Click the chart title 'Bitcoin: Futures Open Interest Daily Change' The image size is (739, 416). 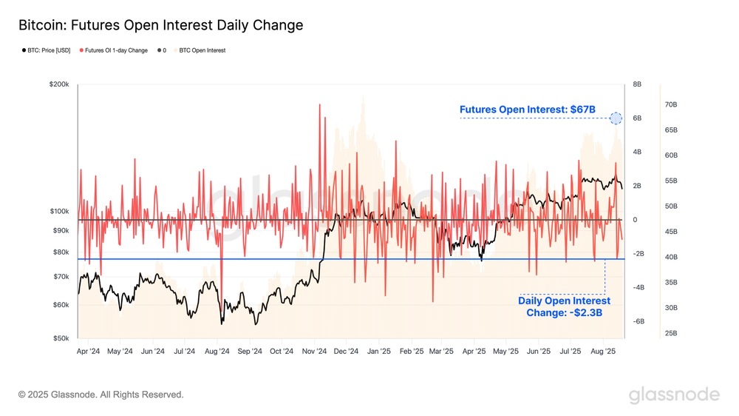click(160, 25)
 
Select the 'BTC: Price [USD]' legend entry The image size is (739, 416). click(47, 50)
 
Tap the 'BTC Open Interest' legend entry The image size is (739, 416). click(201, 50)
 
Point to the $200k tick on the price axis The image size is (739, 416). click(59, 85)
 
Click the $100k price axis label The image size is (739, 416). click(59, 212)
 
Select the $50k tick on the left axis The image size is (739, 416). click(61, 338)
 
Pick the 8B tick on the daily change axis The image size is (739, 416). click(637, 85)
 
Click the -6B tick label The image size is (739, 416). click(638, 321)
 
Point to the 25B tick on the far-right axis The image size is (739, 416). click(671, 333)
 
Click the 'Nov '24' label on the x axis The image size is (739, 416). click(314, 352)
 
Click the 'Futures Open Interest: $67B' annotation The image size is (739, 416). click(527, 110)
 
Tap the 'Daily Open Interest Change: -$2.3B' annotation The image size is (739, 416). click(564, 306)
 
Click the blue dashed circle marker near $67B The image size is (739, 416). click(616, 118)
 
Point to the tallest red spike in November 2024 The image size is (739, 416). click(320, 104)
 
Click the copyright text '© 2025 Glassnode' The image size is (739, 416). click(101, 395)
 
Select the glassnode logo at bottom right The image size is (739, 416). click(674, 395)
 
